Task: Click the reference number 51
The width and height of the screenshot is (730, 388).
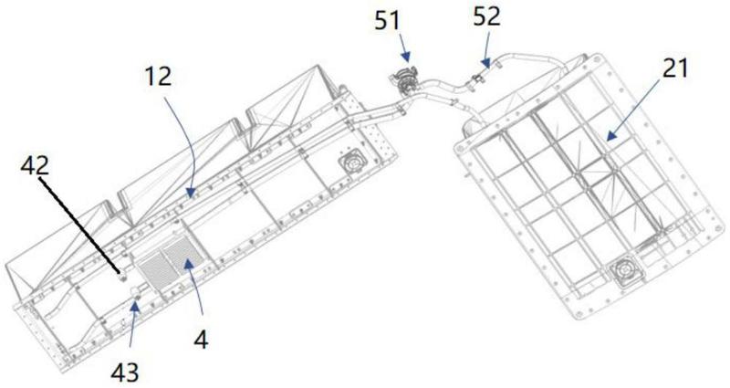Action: point(387,21)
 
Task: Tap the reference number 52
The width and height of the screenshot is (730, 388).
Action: point(487,16)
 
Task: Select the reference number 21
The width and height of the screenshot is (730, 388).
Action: point(675,68)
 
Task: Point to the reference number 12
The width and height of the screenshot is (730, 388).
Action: point(158,76)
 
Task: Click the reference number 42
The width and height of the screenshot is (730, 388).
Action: point(35,165)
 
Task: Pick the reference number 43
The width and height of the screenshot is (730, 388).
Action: point(125,372)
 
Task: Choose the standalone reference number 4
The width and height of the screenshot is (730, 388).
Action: point(201,340)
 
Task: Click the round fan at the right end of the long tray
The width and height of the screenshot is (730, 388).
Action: point(353,163)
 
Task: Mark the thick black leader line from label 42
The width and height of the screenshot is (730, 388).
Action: point(79,225)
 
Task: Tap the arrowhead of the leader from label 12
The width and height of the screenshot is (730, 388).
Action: point(188,191)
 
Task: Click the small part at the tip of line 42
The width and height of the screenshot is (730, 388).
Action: point(123,278)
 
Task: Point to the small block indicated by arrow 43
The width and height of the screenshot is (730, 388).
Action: point(137,291)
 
